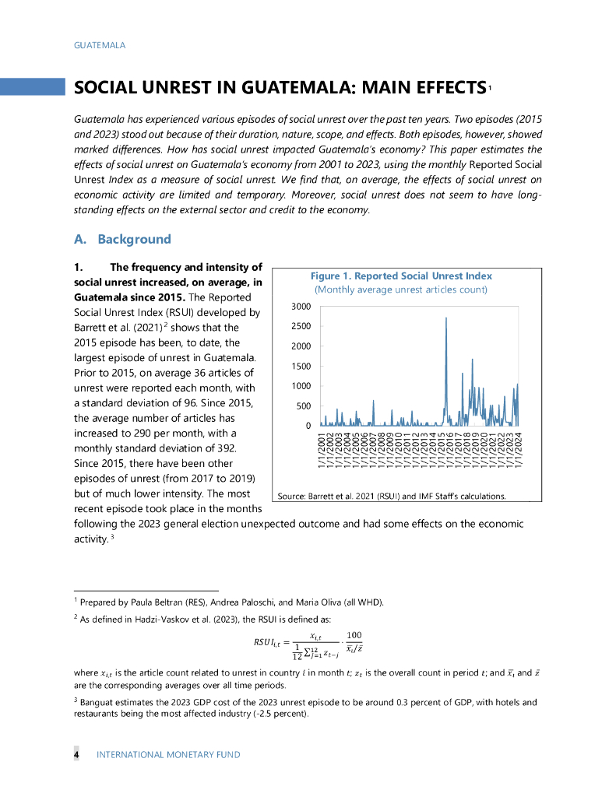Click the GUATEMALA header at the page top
tap(100, 45)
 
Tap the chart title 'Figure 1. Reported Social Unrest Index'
tap(401, 276)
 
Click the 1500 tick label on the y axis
tap(301, 367)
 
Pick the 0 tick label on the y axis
tap(308, 426)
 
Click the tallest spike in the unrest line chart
tap(446, 318)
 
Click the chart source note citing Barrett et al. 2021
tap(392, 496)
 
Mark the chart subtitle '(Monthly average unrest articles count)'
tap(401, 290)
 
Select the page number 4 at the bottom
tap(76, 754)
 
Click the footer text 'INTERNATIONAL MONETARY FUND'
tap(168, 754)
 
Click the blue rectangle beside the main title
tap(32, 86)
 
